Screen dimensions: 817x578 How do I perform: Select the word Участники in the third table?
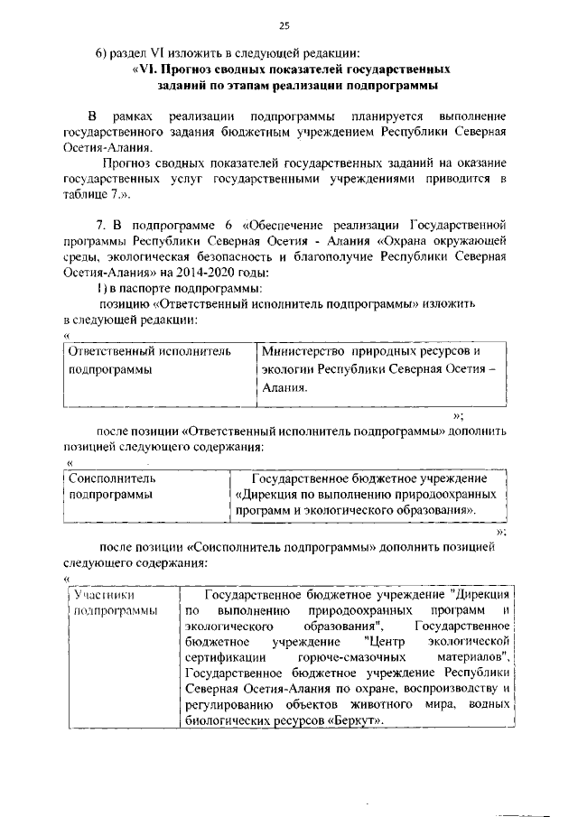pos(105,595)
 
